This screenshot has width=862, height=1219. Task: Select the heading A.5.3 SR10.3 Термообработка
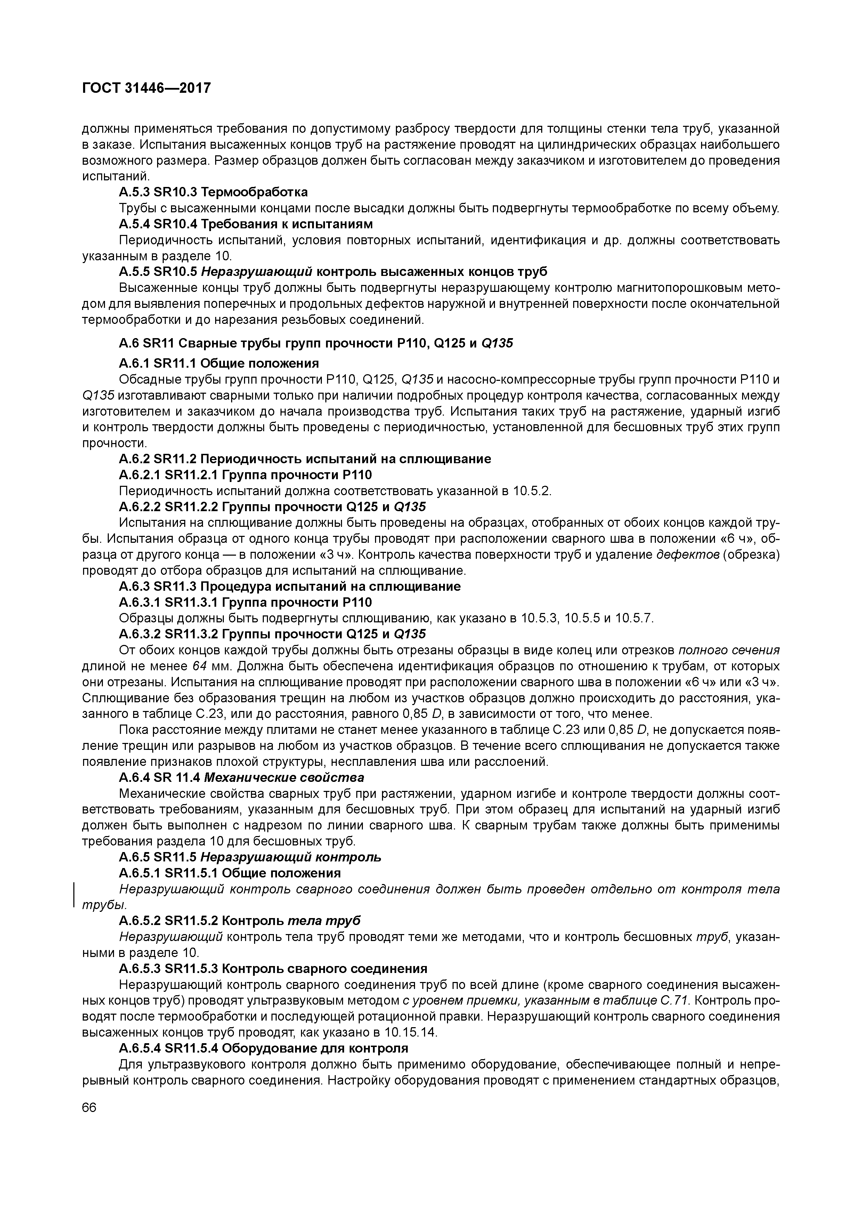(213, 192)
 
